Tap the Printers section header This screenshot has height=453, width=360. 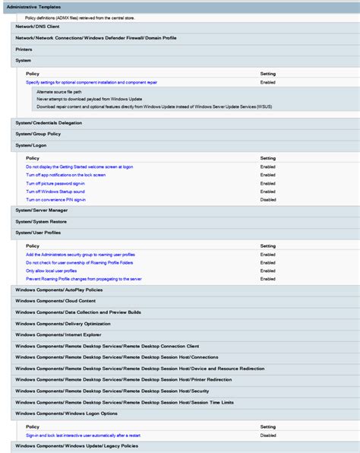24,49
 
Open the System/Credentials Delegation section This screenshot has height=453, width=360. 49,122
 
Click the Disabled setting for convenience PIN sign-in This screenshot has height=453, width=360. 268,199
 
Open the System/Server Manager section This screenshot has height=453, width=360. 41,210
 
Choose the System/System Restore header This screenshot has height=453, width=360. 41,221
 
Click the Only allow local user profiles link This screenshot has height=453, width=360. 51,271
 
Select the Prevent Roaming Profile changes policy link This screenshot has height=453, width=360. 83,279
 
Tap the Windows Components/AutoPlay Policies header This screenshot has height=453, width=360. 58,290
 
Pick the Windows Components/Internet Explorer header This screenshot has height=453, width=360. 58,334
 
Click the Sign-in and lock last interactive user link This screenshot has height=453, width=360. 84,436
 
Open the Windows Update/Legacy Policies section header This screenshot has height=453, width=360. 77,446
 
